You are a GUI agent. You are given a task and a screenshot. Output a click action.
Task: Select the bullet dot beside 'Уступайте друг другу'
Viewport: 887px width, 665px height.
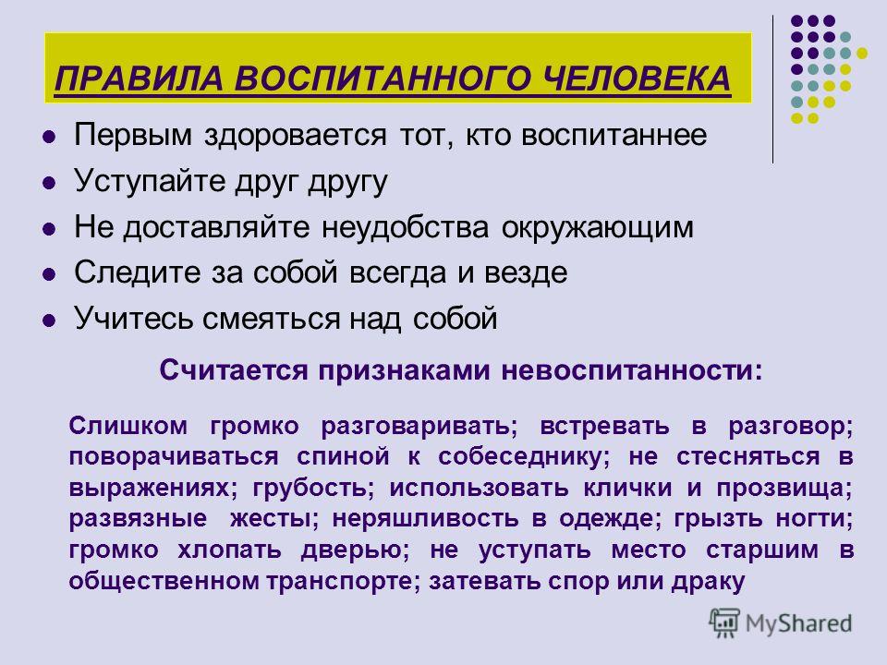click(50, 183)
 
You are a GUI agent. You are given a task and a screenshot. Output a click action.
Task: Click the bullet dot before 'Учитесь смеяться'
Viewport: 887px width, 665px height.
click(50, 320)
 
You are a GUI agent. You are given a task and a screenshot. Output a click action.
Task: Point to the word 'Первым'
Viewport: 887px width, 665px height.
click(133, 135)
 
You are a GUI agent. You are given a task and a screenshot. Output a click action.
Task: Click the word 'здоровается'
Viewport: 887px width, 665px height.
click(296, 136)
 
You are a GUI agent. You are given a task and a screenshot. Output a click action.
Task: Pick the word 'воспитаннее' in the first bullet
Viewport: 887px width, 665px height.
click(614, 136)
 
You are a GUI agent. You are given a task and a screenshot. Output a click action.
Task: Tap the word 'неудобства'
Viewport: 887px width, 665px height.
click(405, 228)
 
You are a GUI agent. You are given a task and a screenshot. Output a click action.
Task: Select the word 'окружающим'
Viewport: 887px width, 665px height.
click(598, 228)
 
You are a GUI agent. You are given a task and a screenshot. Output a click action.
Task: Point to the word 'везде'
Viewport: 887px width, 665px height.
click(526, 273)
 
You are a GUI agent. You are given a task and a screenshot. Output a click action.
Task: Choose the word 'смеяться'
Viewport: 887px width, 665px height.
click(270, 319)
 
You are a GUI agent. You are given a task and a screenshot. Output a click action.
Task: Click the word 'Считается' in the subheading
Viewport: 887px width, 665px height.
click(234, 371)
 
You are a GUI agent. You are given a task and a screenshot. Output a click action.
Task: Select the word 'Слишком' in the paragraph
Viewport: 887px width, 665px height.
click(128, 425)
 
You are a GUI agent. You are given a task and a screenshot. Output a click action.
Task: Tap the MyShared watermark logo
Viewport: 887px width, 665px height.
click(781, 623)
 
